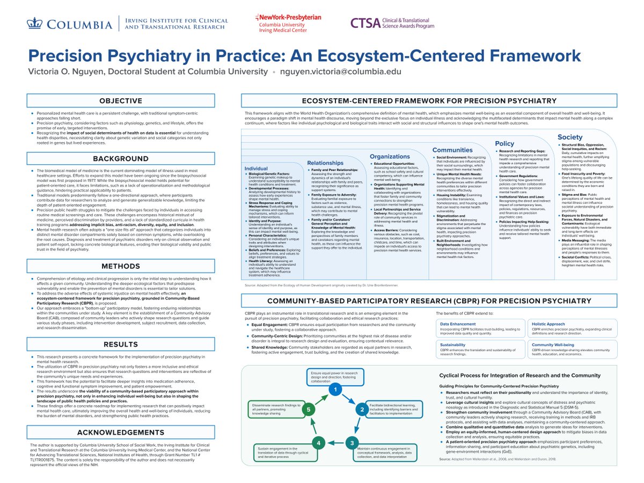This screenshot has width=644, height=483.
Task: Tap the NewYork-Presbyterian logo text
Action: (288, 18)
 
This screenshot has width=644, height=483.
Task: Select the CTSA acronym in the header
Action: (364, 23)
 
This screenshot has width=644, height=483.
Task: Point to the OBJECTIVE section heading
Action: (121, 100)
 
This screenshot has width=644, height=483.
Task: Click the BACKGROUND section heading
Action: (121, 158)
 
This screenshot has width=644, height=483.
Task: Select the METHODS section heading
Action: (121, 266)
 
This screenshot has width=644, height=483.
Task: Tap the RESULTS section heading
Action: (121, 343)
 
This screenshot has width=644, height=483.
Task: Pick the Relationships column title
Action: (325, 163)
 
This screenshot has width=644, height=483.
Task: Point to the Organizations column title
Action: (390, 157)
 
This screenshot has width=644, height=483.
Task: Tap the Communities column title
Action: (453, 150)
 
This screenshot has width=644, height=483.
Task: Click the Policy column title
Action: (504, 143)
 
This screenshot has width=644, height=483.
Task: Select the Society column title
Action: (570, 137)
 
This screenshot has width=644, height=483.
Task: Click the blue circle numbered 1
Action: (335, 389)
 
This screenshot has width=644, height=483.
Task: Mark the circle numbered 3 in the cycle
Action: (351, 443)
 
